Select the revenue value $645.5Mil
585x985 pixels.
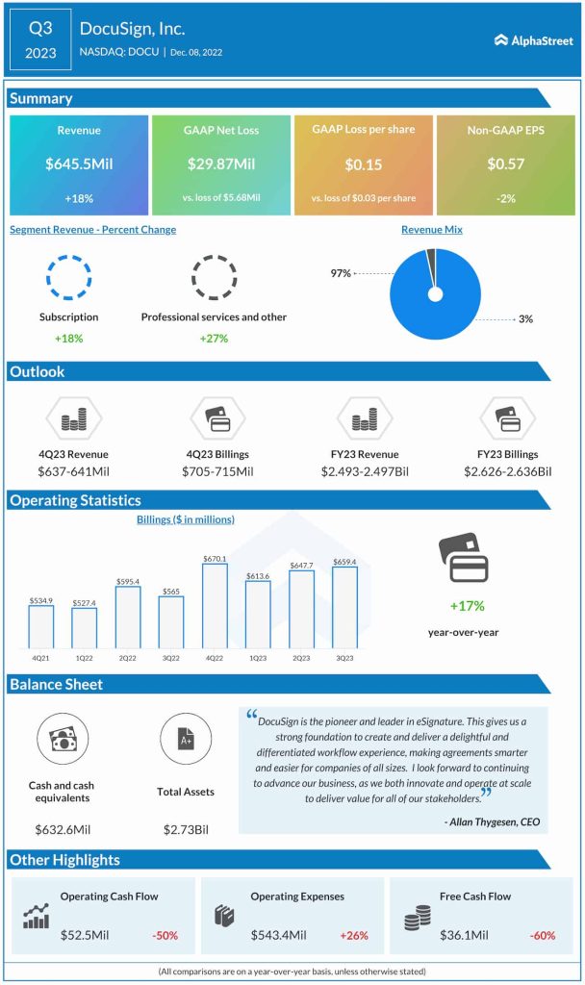coord(79,164)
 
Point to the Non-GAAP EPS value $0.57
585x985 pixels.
coord(504,164)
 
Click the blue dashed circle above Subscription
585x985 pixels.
coord(69,278)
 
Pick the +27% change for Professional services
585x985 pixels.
coord(214,339)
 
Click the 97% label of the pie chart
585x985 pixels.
coord(340,274)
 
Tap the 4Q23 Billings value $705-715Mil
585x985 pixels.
coord(217,471)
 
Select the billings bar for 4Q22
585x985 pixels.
coord(215,606)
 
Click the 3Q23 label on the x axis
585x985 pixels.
coord(344,659)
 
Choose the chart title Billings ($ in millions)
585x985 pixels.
coord(185,520)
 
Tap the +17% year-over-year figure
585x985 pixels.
coord(467,606)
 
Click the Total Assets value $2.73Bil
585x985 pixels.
coord(185,829)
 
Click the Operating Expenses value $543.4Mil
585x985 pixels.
coord(279,935)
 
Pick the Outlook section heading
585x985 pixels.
coord(38,371)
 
